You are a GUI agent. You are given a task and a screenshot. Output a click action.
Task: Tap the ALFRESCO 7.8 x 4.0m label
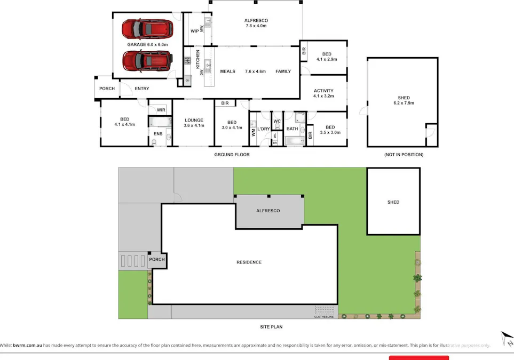[256, 23]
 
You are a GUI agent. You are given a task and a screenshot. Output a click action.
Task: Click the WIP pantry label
[195, 31]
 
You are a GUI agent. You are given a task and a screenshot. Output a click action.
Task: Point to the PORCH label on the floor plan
[107, 89]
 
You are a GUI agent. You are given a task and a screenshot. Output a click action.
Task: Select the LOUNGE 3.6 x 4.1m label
[194, 123]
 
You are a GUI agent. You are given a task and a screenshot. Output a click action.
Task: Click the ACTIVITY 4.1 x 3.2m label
[323, 93]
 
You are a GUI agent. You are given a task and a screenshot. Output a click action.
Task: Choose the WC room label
[277, 121]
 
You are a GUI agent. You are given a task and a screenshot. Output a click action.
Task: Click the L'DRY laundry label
[264, 129]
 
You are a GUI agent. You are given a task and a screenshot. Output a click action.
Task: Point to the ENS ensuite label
[158, 133]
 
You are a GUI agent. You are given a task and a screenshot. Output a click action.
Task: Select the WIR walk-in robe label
[161, 110]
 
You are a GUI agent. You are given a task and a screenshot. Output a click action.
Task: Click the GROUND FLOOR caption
[232, 155]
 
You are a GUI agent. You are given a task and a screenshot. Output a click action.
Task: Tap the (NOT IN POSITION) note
[404, 155]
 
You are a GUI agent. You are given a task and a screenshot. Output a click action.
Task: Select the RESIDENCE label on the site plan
[249, 262]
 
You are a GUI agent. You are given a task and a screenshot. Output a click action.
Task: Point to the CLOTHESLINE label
[325, 316]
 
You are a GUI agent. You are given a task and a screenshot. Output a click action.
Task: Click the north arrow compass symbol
[507, 339]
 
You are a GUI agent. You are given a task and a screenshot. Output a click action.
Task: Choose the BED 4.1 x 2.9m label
[327, 57]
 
